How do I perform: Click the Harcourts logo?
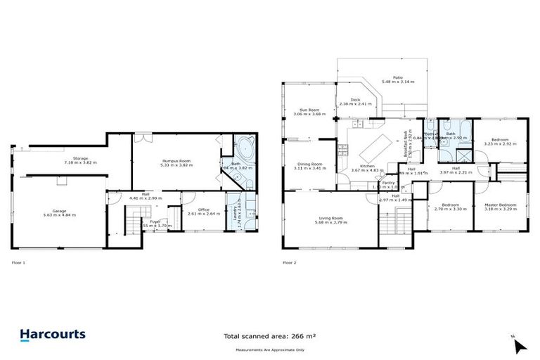(53, 335)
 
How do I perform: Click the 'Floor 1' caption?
(18, 262)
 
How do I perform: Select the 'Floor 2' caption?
(289, 262)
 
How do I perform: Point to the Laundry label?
(236, 209)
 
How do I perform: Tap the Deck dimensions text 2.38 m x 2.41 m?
(354, 104)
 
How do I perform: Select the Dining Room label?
(309, 165)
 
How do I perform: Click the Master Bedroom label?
(501, 205)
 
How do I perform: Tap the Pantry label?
(388, 182)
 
